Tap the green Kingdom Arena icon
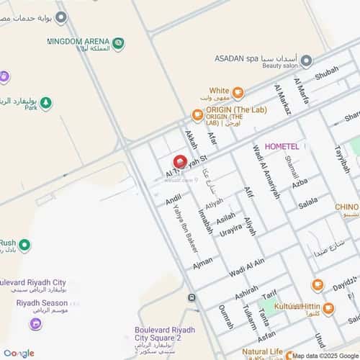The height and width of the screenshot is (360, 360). (118, 44)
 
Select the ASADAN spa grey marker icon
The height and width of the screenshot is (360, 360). (306, 60)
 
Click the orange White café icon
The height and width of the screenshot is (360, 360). (238, 92)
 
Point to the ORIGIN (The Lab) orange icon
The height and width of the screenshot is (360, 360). (197, 114)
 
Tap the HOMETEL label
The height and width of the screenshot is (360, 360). (285, 146)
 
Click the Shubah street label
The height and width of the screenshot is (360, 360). (326, 70)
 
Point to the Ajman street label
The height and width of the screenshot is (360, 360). (202, 263)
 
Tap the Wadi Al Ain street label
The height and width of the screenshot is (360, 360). (247, 267)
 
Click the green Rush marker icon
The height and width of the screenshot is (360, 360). (25, 246)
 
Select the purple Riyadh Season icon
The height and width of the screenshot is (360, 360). (35, 324)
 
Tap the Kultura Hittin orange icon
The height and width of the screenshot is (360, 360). (328, 308)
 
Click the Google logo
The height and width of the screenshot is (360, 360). (19, 353)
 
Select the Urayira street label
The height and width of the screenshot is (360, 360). (231, 231)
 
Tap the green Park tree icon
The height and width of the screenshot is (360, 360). (46, 104)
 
